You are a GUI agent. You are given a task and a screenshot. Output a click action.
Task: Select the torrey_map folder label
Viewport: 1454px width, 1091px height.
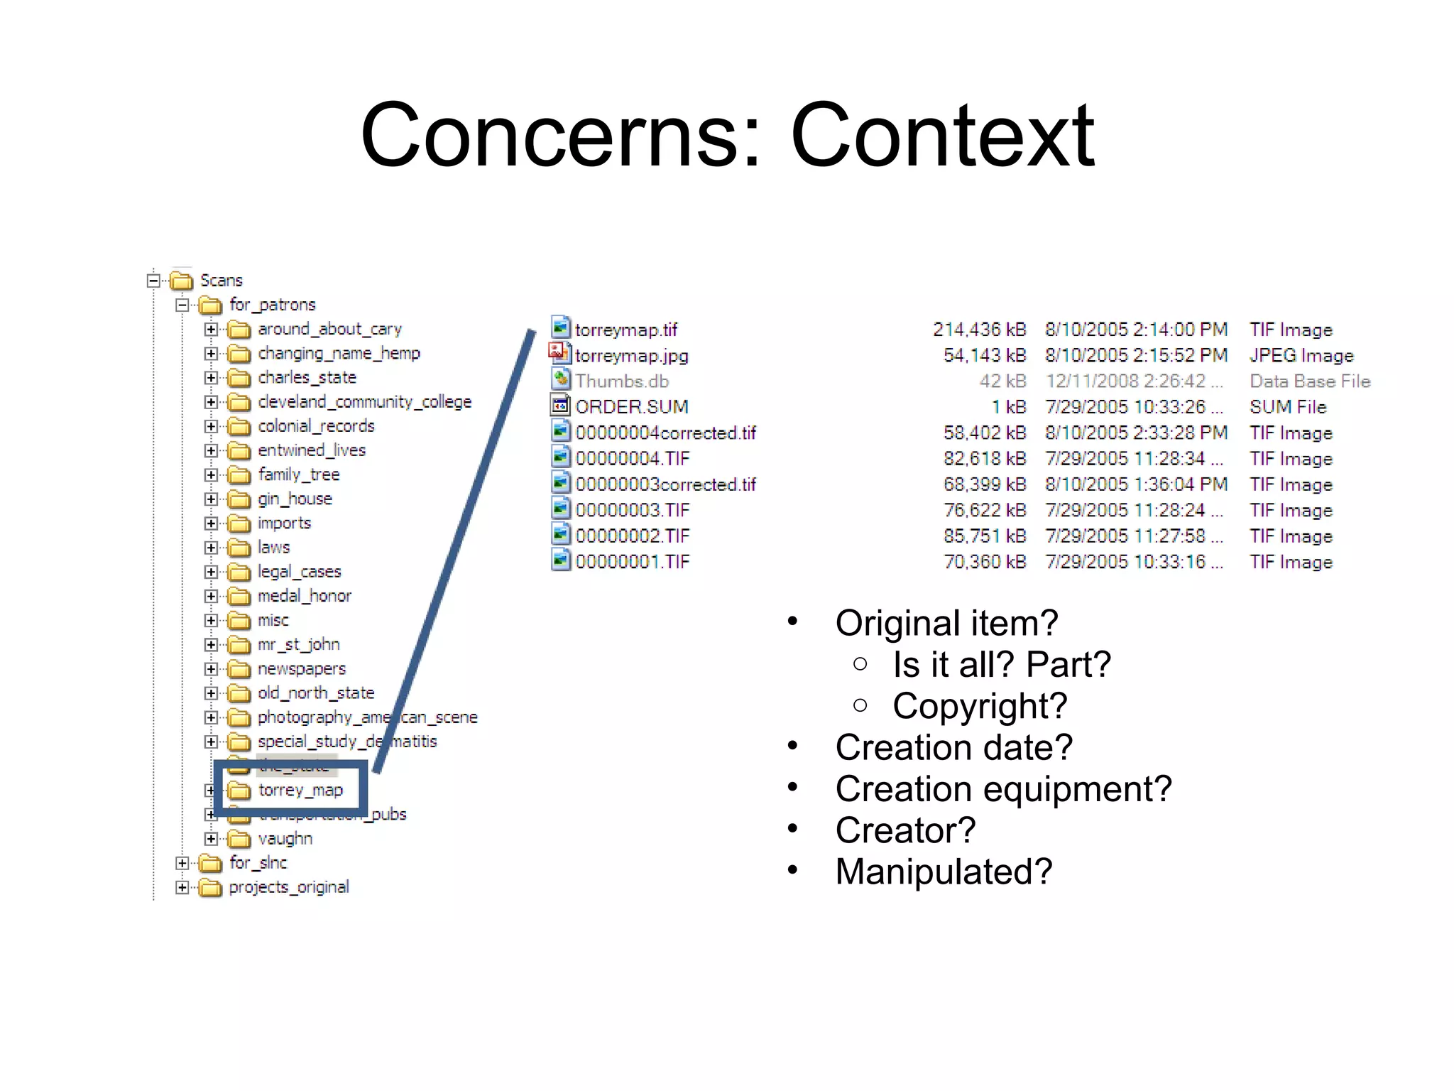coord(300,790)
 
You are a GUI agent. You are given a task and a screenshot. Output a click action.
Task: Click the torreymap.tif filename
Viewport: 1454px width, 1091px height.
coord(625,330)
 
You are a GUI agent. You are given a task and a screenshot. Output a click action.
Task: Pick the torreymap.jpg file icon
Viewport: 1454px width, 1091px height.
coord(560,354)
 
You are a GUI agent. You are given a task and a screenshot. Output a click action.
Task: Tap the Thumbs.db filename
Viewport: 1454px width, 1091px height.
coord(622,381)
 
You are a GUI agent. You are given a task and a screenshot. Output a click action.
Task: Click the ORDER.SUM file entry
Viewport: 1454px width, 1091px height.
coord(631,407)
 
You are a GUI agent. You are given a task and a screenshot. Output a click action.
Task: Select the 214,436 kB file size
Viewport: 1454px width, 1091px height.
coord(979,330)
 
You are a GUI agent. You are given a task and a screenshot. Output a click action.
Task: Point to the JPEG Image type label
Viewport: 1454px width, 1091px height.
coord(1301,355)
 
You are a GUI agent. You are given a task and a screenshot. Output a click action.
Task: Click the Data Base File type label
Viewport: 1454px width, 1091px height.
coord(1310,381)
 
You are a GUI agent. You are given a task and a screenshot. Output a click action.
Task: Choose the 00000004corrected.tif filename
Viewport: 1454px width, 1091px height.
coord(665,433)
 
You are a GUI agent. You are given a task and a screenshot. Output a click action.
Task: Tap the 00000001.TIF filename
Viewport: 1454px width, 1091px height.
coord(632,562)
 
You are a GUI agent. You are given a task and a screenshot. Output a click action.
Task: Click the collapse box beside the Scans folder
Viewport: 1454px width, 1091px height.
coord(153,280)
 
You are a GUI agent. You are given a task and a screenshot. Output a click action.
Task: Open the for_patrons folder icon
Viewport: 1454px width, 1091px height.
coord(210,305)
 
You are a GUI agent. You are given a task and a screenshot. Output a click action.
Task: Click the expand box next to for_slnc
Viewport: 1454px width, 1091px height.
coord(182,863)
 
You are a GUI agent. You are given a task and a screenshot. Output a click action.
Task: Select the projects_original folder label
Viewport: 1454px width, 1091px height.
coord(289,887)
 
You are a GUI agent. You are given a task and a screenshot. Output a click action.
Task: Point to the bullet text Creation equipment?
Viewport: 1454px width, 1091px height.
coord(1003,788)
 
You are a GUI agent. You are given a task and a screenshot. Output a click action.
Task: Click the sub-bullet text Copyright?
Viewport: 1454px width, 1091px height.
coord(980,705)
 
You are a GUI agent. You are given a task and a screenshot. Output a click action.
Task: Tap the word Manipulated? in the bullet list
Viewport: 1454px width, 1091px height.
coord(944,872)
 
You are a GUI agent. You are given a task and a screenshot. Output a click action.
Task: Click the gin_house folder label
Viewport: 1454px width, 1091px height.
coord(295,499)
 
